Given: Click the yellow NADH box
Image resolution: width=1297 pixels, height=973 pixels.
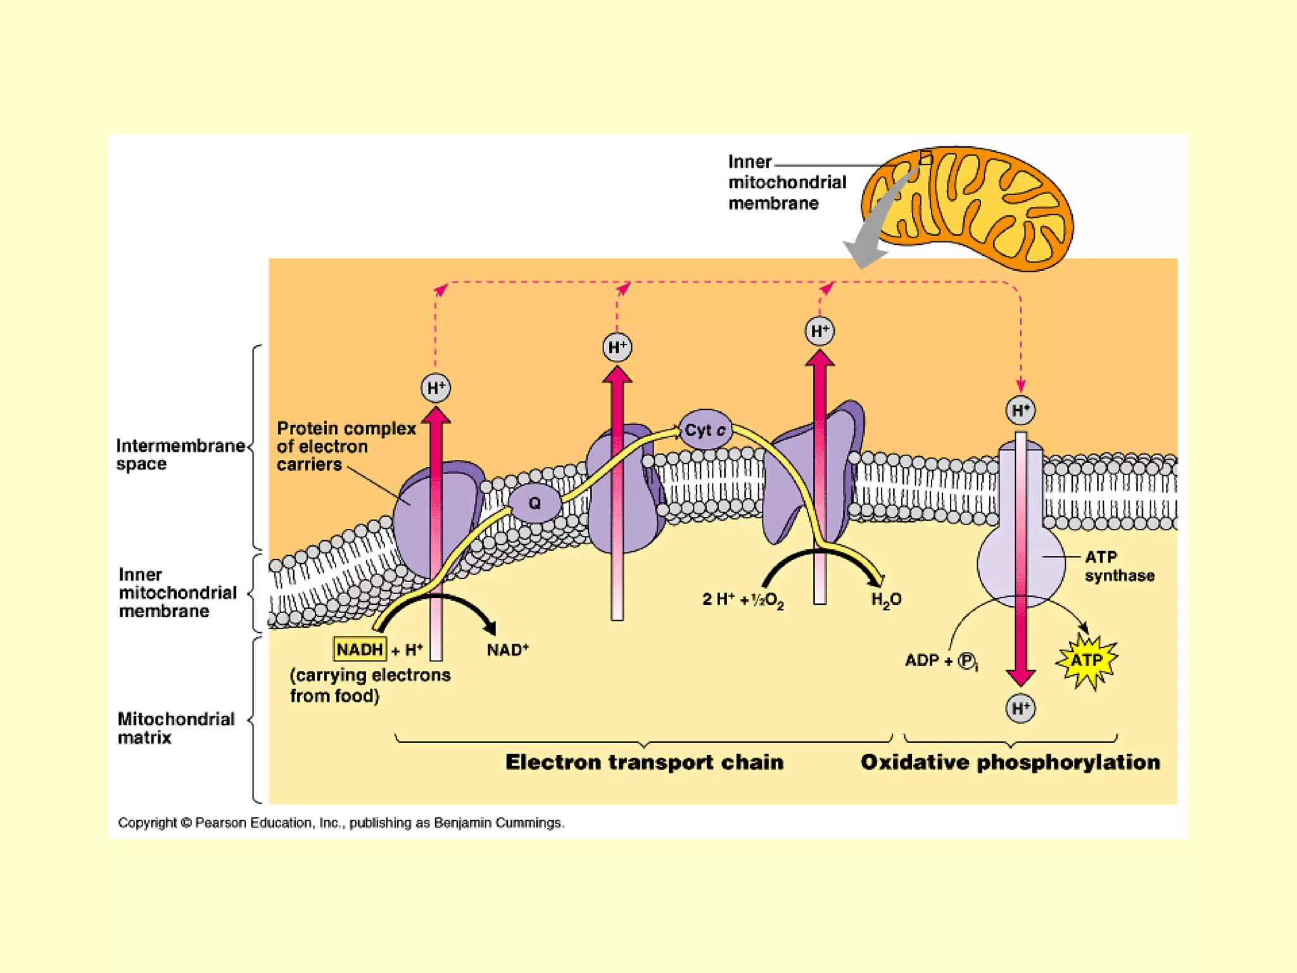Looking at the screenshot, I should point(360,649).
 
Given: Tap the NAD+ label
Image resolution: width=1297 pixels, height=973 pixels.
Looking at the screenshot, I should point(507,650).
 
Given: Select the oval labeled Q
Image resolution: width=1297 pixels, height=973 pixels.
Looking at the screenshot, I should point(535,504).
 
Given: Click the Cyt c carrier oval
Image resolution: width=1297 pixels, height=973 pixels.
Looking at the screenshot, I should point(705,430).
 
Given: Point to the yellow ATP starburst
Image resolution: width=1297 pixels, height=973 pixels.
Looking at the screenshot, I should point(1087,661).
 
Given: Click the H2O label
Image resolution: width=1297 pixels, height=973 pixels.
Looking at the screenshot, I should point(886,600).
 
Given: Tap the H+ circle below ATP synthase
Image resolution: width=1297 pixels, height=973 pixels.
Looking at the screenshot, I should point(1020,708).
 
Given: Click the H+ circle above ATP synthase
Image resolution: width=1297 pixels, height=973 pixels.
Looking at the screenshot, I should point(1020,410).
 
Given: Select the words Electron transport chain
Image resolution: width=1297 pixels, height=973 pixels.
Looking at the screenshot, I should point(644,762).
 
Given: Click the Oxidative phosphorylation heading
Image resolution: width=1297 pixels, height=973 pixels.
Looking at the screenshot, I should point(1010,762).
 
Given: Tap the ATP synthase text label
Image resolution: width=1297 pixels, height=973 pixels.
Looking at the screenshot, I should point(1118,566).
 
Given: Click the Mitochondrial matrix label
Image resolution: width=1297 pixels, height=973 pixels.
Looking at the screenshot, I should point(175,728).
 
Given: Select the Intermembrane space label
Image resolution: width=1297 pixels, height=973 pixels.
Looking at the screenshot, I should point(180,454).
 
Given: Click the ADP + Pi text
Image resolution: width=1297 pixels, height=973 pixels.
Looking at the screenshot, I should point(941,661).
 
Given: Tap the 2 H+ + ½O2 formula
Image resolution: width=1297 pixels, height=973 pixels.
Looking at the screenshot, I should point(743,600).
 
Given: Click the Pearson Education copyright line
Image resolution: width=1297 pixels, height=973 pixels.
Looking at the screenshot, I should point(341,823).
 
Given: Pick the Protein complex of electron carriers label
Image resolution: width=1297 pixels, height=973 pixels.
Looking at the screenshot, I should point(346,446).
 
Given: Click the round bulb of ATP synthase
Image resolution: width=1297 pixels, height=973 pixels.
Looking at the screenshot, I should point(1020,564).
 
